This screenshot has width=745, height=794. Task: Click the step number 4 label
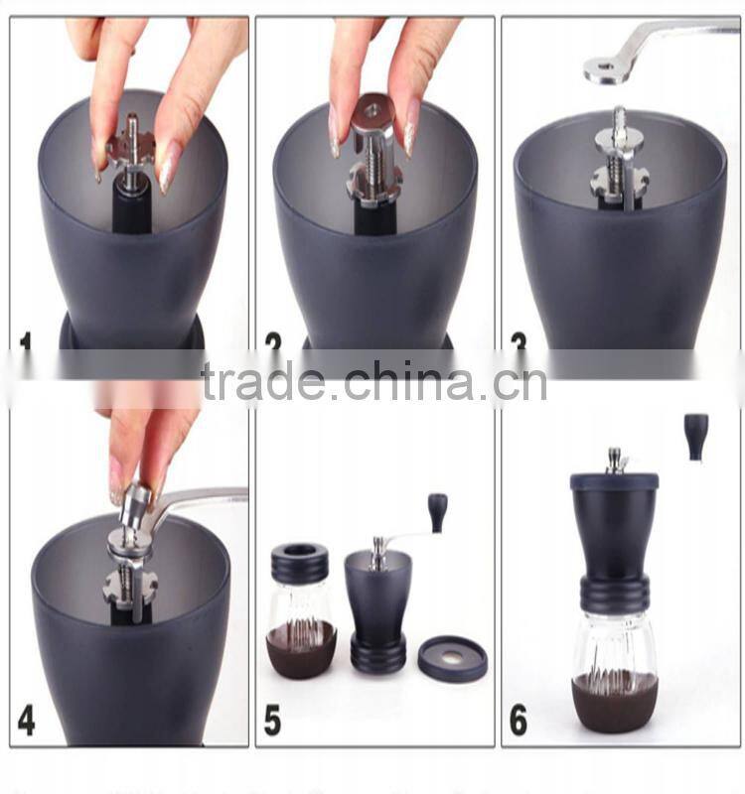[26, 720]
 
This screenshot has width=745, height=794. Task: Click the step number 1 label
[25, 342]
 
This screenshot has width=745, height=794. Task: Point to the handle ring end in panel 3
[603, 70]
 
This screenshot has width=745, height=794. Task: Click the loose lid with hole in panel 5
[452, 658]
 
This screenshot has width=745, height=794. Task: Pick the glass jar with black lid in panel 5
[300, 610]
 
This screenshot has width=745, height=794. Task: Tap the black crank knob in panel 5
[437, 512]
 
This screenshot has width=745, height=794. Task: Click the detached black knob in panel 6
[696, 437]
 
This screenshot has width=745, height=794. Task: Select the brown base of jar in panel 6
[614, 701]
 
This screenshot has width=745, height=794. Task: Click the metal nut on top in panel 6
[617, 460]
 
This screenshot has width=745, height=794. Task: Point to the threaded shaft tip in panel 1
[132, 124]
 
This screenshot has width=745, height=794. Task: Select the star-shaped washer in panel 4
[130, 587]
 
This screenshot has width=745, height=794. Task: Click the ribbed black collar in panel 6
[615, 594]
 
